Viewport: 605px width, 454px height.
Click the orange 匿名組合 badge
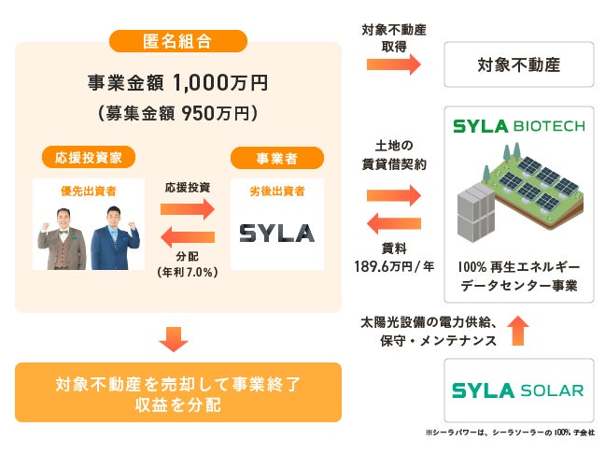178,41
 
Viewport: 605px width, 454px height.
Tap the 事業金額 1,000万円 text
176,83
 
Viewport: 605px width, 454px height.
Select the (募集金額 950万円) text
176,113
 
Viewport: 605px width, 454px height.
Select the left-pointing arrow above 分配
188,234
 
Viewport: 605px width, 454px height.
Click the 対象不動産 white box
518,66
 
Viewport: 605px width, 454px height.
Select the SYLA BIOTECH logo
518,126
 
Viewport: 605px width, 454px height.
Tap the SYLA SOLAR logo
518,390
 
